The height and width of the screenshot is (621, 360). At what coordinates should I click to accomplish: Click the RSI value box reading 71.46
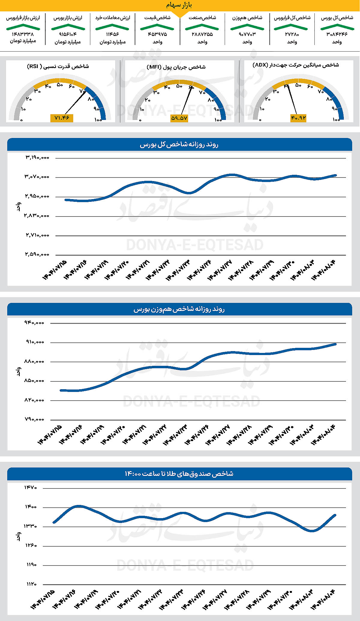tap(62, 118)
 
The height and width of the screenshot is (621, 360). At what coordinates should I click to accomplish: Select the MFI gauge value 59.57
tap(179, 118)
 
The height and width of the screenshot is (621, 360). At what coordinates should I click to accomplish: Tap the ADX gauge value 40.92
tap(298, 118)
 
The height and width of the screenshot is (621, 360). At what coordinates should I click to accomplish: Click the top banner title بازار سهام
tap(179, 5)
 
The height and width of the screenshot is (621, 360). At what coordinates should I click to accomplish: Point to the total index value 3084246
tap(337, 34)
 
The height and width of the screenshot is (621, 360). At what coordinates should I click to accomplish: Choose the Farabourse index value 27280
tap(292, 34)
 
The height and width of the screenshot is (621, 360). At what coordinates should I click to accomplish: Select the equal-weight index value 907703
tap(247, 34)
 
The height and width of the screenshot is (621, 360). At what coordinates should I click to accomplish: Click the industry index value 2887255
tap(202, 34)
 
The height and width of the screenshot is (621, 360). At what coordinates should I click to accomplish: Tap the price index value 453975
tap(157, 34)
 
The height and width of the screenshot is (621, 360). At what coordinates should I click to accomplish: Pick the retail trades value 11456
tap(112, 34)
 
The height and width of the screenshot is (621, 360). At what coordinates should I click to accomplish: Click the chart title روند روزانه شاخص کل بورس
tap(179, 145)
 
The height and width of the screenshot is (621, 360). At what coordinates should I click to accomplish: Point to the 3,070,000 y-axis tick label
tap(37, 177)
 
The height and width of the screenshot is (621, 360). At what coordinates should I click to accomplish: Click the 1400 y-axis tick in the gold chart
tap(31, 507)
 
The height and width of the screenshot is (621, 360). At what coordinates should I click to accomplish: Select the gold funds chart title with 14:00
tap(179, 474)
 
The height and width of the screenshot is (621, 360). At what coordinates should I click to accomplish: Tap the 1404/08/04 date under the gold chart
tap(323, 599)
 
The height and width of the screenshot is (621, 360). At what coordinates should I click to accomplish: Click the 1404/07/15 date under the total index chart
tap(55, 270)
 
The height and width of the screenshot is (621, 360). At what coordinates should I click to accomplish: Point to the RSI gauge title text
tap(58, 66)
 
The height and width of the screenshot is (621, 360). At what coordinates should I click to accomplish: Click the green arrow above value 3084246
tap(337, 27)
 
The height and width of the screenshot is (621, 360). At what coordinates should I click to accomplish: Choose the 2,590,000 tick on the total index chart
tap(37, 254)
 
